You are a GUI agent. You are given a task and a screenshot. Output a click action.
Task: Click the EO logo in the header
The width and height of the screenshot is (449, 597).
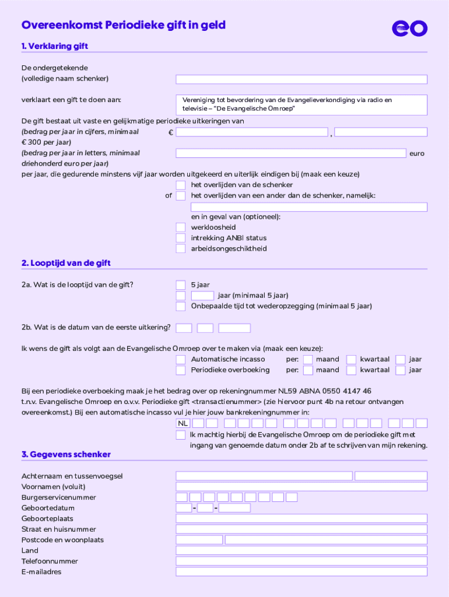click(x=409, y=28)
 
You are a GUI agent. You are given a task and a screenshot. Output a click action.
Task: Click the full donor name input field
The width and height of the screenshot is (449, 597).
click(x=301, y=79)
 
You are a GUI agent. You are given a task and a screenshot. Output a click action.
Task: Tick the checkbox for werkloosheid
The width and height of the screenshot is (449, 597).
click(x=181, y=227)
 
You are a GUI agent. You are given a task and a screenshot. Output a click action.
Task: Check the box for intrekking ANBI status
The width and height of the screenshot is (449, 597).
click(x=181, y=238)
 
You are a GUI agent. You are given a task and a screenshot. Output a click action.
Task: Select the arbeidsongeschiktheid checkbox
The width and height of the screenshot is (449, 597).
click(x=181, y=248)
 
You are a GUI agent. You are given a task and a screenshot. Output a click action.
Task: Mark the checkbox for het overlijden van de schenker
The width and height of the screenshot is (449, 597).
click(x=181, y=185)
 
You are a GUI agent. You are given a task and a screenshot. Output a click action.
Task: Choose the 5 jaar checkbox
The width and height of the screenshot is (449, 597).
click(x=181, y=285)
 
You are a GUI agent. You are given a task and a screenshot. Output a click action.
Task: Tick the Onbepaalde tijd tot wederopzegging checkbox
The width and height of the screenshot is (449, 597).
click(x=181, y=306)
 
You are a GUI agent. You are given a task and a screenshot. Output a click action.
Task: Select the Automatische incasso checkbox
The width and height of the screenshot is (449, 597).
click(x=181, y=359)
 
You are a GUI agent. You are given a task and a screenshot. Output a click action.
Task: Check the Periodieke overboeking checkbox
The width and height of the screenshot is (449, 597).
click(x=181, y=370)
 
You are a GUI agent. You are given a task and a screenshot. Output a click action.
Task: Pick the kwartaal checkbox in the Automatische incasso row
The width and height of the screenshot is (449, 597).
click(x=351, y=359)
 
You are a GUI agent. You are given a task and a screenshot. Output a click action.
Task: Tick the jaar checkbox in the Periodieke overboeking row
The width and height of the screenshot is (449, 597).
click(x=400, y=370)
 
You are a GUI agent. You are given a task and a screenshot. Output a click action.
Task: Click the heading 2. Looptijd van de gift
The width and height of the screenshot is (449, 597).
click(x=66, y=264)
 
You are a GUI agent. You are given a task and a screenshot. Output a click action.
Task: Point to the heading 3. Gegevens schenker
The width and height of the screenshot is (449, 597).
click(x=66, y=454)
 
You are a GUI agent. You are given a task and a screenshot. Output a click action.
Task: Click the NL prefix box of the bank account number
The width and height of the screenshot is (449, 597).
click(x=183, y=423)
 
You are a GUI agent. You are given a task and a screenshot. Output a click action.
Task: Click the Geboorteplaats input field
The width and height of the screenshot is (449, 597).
click(x=301, y=518)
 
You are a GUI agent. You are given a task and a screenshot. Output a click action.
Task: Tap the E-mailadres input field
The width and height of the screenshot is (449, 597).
click(x=301, y=572)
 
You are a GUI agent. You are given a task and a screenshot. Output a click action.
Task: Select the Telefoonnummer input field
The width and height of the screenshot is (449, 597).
click(x=301, y=561)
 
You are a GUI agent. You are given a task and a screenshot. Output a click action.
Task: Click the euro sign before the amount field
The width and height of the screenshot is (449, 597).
click(x=170, y=133)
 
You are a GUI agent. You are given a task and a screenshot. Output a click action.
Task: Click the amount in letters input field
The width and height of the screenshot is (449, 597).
click(x=290, y=153)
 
